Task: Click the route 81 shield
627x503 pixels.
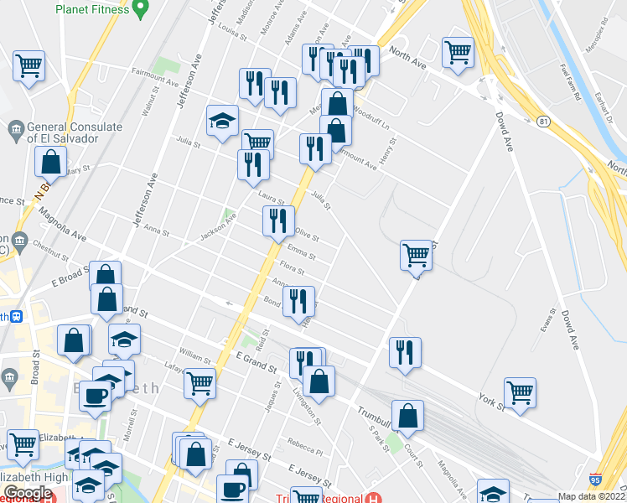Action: tap(545, 122)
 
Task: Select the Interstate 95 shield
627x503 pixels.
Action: tap(595, 480)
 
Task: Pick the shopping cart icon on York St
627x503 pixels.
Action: tap(520, 392)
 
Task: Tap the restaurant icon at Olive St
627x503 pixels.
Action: tap(278, 221)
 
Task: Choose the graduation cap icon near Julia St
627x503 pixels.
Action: tap(223, 120)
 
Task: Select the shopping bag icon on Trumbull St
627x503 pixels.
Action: tap(407, 416)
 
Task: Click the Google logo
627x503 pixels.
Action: tap(28, 493)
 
